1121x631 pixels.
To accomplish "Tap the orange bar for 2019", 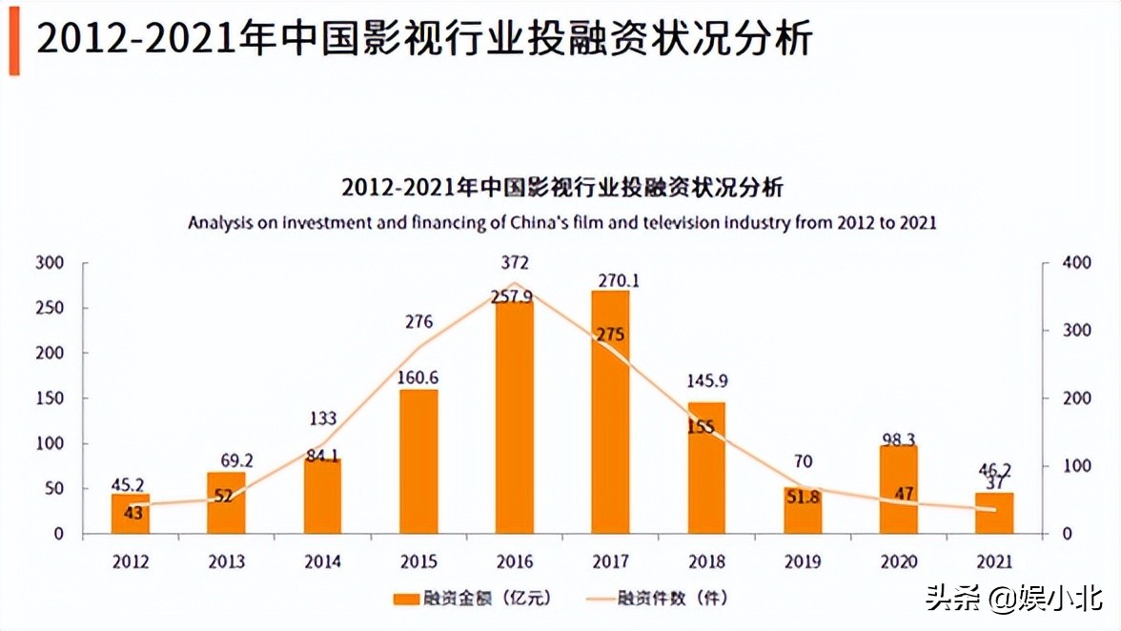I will pyautogui.click(x=802, y=510).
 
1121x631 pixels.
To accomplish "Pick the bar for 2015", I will pyautogui.click(x=418, y=462).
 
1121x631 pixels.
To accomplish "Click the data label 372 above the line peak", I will pyautogui.click(x=515, y=263).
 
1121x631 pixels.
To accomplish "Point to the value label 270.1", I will pyautogui.click(x=610, y=280).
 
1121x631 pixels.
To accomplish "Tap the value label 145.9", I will pyautogui.click(x=706, y=381).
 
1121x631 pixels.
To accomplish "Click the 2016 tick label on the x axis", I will pyautogui.click(x=515, y=561).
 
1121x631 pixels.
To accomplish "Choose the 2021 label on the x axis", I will pyautogui.click(x=993, y=561).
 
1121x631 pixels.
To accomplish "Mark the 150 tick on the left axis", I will pyautogui.click(x=50, y=398).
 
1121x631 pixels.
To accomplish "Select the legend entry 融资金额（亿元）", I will pyautogui.click(x=472, y=599).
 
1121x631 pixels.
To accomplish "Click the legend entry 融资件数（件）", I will pyautogui.click(x=658, y=599).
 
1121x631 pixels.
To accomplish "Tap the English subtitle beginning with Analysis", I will pyautogui.click(x=561, y=223).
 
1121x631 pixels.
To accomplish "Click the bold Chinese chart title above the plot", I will pyautogui.click(x=561, y=186).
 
